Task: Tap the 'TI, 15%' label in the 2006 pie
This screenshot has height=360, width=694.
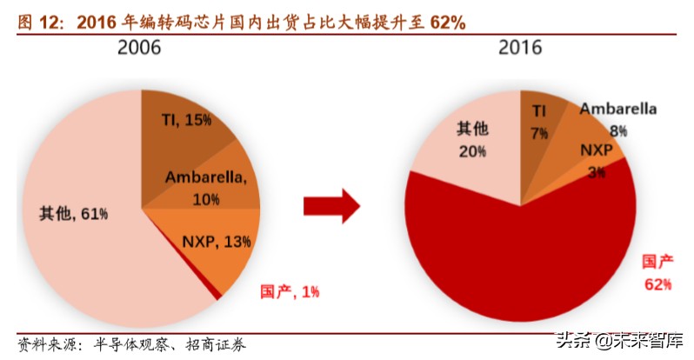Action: click(x=186, y=119)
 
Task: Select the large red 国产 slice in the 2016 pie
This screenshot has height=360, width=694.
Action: click(x=522, y=261)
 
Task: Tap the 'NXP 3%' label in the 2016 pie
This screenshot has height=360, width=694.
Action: click(x=597, y=161)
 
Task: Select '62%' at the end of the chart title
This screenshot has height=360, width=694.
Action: click(x=448, y=23)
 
